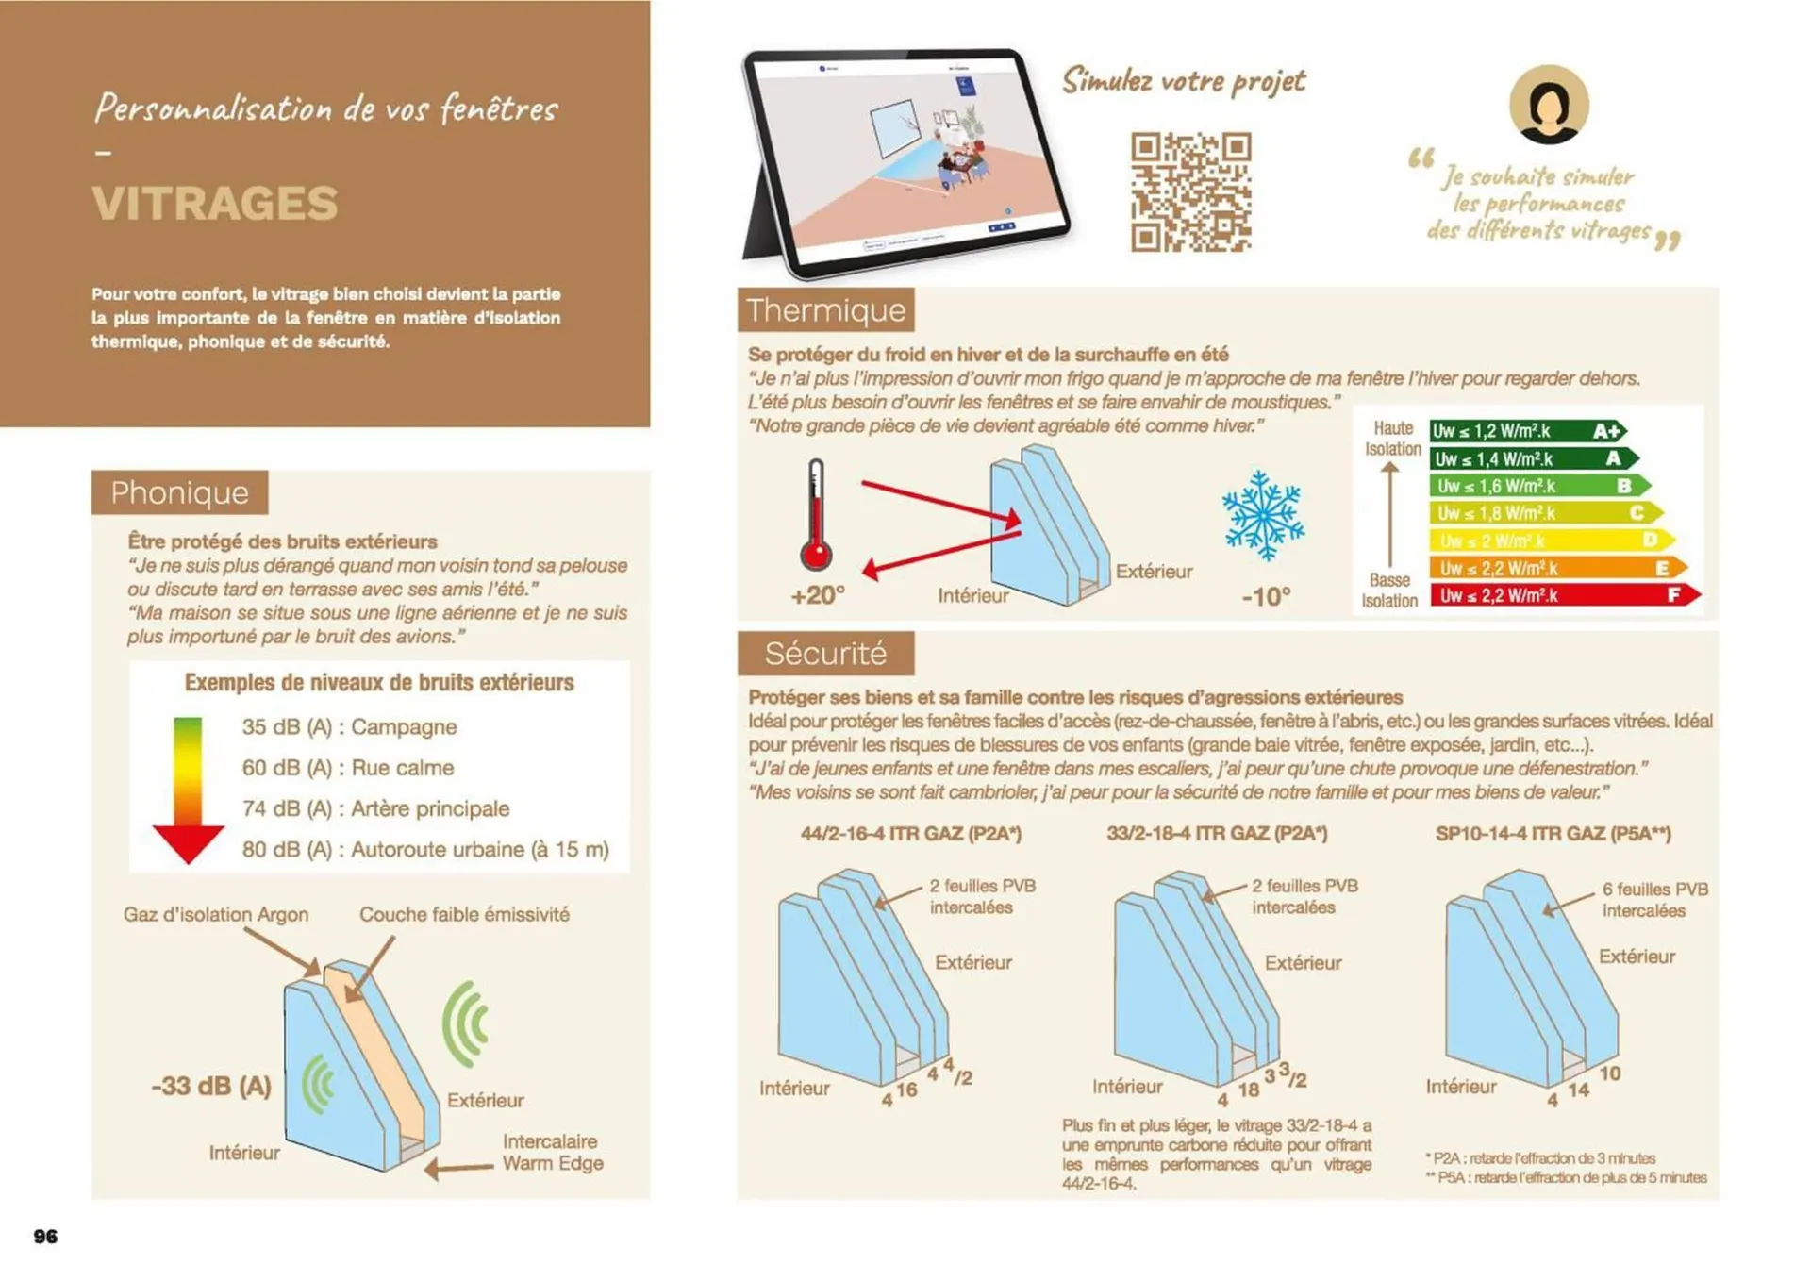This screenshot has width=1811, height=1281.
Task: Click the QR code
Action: [x=1190, y=191]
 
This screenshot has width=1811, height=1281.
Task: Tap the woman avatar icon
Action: [x=1548, y=105]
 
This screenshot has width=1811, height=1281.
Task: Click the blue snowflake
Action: [x=1263, y=515]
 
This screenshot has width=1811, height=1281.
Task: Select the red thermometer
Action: [x=816, y=517]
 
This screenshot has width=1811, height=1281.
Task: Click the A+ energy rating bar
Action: [x=1525, y=431]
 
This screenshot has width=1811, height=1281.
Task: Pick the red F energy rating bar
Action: [x=1564, y=595]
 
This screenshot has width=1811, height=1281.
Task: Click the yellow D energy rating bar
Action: [x=1550, y=541]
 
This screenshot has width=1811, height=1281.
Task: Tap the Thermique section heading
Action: [x=825, y=310]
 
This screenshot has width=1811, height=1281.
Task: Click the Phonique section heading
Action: [x=179, y=492]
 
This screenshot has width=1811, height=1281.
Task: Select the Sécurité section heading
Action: [x=825, y=653]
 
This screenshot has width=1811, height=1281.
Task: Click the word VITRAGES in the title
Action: [x=215, y=204]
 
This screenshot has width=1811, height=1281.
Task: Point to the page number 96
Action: [x=45, y=1236]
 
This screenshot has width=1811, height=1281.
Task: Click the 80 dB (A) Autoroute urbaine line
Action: [x=424, y=849]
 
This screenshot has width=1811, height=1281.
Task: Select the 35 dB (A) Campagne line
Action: [x=349, y=726]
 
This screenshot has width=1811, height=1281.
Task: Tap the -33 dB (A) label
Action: [x=211, y=1086]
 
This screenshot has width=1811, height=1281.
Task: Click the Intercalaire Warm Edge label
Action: [x=552, y=1152]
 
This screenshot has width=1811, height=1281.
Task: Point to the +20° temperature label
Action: [x=817, y=595]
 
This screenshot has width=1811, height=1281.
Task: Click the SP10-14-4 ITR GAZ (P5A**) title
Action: [x=1553, y=834]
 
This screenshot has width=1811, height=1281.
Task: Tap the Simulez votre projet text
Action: [x=1184, y=81]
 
